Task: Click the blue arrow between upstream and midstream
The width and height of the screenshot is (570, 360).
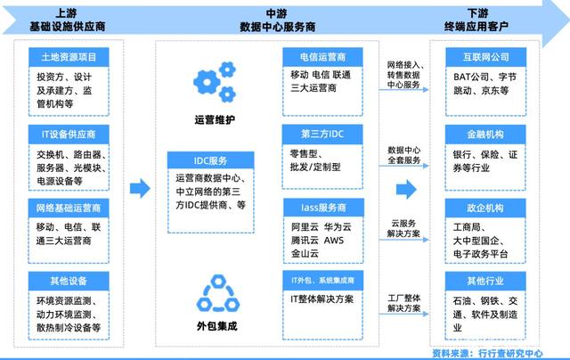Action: [x=140, y=188]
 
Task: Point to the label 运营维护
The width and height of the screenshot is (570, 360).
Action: [x=214, y=119]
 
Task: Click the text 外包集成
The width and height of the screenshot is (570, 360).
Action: [x=214, y=325]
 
